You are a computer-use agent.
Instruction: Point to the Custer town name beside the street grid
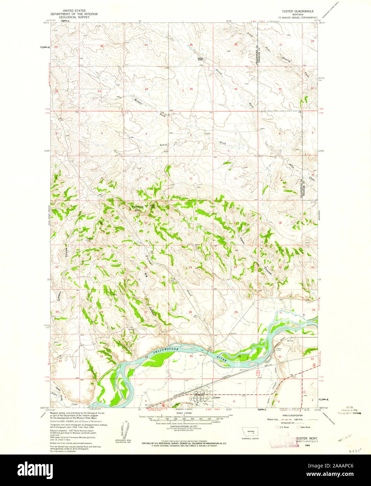(217, 398)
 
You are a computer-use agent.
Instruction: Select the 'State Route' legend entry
(304, 427)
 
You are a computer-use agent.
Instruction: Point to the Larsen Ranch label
(200, 59)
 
